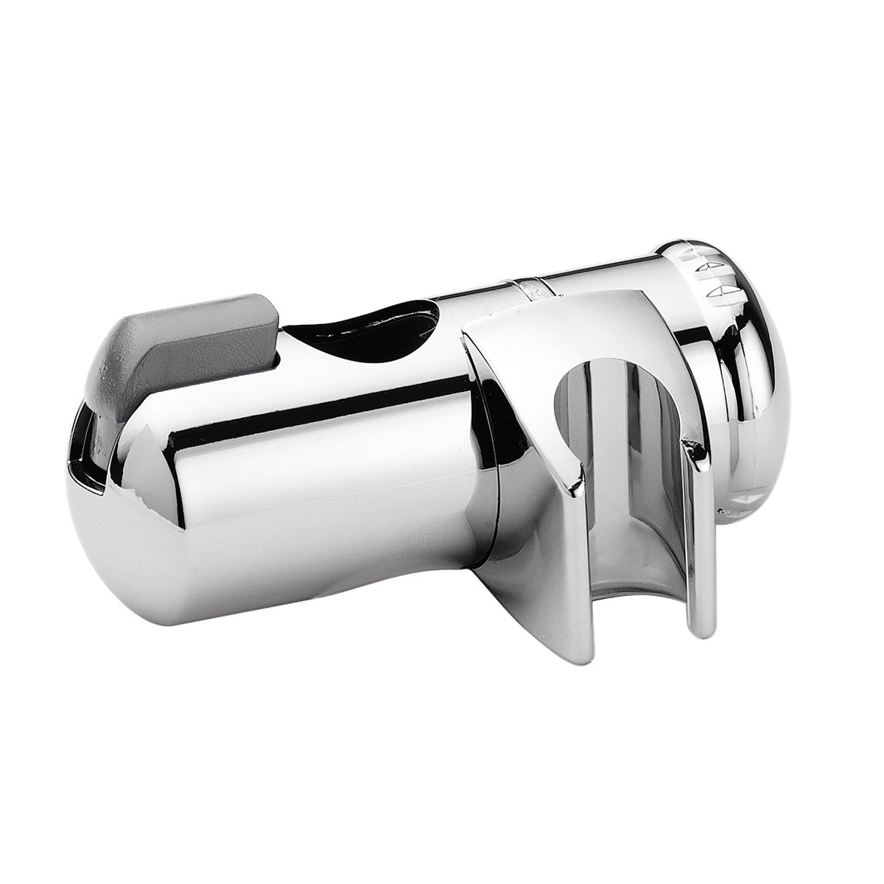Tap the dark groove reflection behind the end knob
pos(726,413)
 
